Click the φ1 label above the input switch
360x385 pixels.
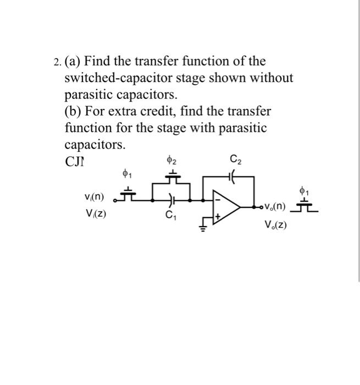click(x=127, y=175)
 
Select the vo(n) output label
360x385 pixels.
click(x=274, y=207)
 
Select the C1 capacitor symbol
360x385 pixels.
click(x=171, y=200)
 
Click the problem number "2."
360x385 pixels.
click(x=57, y=62)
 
